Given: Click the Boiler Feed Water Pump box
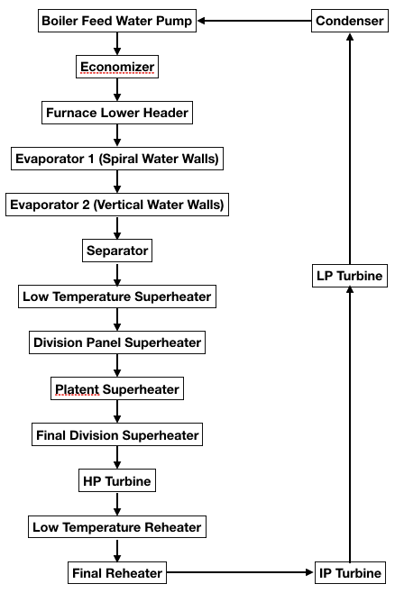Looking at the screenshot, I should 117,21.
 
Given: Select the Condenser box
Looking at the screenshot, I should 349,21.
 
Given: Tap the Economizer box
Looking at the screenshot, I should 116,67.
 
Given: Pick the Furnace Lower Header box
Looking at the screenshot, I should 116,113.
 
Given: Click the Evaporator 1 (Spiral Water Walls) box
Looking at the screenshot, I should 116,159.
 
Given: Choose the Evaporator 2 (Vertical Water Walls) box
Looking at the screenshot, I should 116,205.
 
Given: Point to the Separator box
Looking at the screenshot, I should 116,251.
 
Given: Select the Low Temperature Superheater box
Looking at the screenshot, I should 116,296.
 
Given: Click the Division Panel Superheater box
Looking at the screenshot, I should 116,342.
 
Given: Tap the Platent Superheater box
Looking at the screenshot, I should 116,389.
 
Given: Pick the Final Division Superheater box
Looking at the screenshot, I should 116,435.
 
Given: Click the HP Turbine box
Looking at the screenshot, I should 116,481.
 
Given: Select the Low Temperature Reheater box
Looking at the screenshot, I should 116,526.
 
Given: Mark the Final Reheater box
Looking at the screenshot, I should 116,572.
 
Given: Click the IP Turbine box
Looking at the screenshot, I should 350,572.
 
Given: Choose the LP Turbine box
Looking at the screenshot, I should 350,276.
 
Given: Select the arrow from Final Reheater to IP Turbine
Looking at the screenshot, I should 239,572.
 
